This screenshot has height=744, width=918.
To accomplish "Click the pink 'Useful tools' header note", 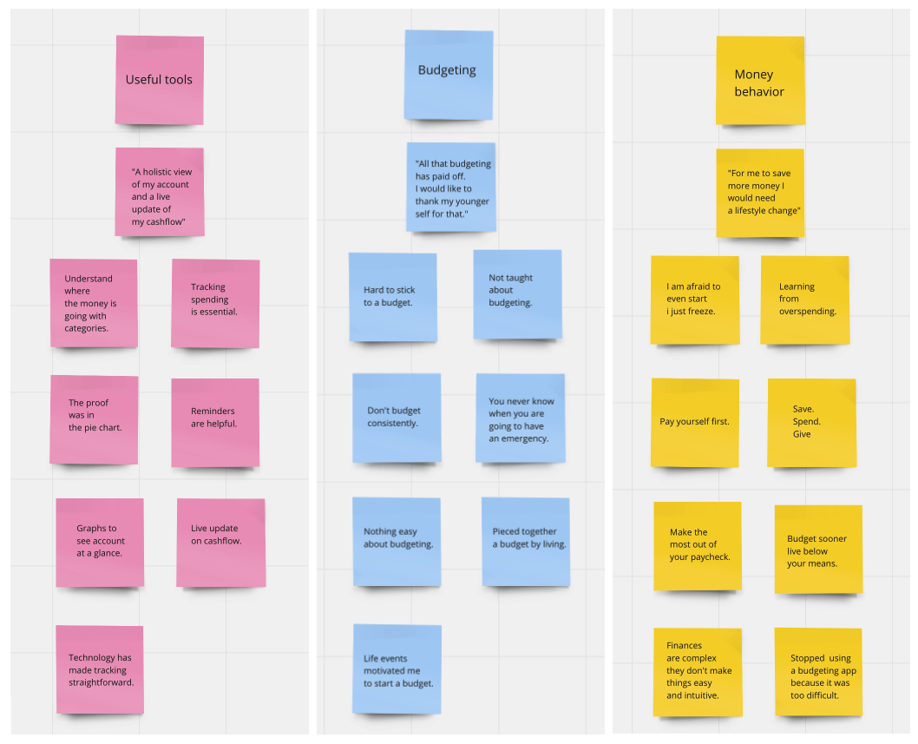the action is point(160,80).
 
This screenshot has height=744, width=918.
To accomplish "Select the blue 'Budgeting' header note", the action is point(448,75).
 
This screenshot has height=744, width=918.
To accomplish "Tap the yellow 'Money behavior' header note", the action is point(760,81).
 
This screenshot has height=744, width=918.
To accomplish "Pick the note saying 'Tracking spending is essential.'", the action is point(215,303).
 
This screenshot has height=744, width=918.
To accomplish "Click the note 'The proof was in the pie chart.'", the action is point(94,419).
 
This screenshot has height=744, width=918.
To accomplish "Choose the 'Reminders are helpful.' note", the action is point(215,422).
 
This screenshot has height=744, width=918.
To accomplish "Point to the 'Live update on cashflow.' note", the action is point(220,542).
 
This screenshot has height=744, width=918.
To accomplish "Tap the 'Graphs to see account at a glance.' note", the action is point(100,542).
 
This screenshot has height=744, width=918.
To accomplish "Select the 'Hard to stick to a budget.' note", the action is point(392,297).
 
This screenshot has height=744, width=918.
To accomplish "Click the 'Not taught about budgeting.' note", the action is point(517,293).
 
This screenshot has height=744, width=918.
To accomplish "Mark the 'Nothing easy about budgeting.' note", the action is point(397,541).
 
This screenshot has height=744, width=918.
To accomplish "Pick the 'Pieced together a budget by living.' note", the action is point(526,541).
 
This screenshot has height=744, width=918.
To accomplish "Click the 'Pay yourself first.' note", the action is point(695,422).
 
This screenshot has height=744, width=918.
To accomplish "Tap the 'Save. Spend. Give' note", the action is point(811,422).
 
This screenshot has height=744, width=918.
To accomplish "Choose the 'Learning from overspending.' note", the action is point(804,300).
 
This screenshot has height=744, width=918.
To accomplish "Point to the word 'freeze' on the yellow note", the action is point(698,311).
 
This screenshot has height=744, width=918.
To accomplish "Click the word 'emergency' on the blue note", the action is point(524,438).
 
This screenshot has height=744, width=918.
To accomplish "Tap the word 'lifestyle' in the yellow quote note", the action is point(748,211).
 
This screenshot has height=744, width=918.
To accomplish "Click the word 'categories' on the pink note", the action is point(86,328).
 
